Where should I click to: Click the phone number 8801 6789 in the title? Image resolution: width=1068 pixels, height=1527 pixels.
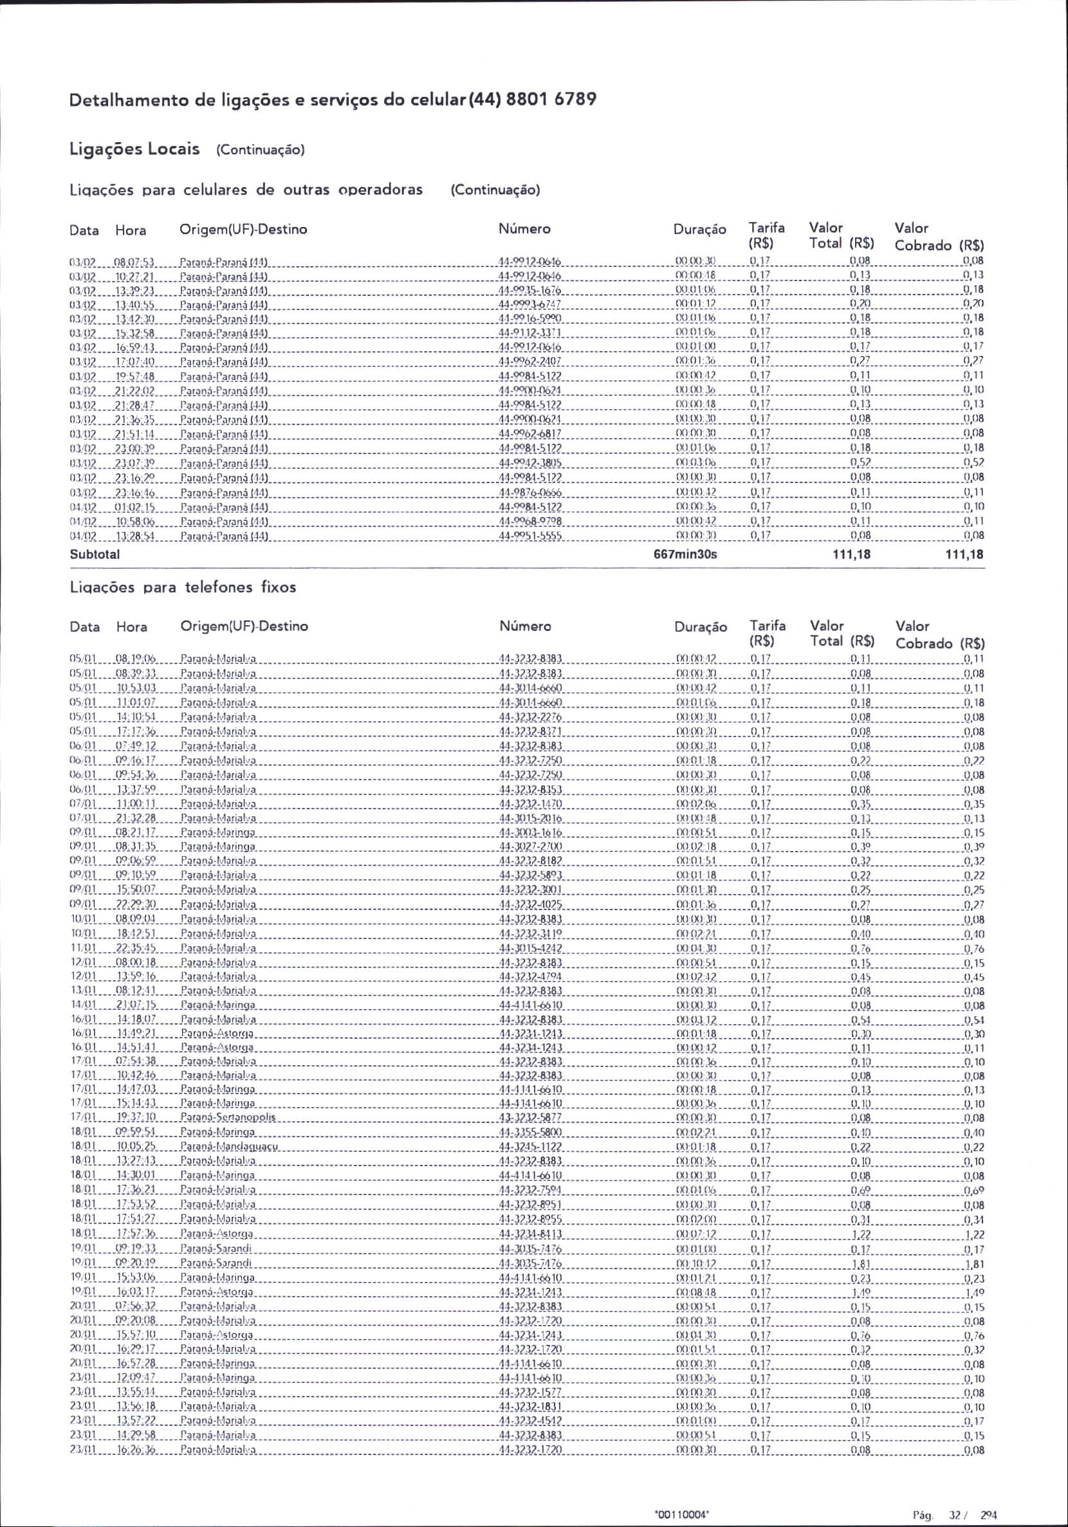tap(551, 100)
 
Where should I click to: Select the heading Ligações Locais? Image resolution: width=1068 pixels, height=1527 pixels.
tap(134, 149)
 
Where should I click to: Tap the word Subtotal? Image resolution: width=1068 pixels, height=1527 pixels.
tap(95, 554)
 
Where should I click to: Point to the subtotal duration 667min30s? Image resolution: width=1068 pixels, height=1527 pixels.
tap(685, 554)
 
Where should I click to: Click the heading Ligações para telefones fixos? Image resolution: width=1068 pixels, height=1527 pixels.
tap(183, 587)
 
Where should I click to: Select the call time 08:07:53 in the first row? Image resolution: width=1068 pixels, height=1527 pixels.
tap(135, 261)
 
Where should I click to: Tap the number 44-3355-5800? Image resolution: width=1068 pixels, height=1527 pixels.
tap(530, 1133)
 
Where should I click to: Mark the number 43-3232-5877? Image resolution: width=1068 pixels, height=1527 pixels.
tap(530, 1118)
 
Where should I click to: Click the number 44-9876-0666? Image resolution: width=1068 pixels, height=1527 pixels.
tap(530, 492)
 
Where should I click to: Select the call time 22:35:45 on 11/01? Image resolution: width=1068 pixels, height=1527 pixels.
tap(136, 948)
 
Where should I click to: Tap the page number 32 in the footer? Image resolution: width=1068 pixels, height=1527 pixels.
tap(955, 1496)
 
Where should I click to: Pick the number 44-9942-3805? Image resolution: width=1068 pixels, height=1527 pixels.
tap(530, 462)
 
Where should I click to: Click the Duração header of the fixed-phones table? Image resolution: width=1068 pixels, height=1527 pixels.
tap(700, 626)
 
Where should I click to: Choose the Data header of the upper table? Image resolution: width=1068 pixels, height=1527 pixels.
tap(84, 230)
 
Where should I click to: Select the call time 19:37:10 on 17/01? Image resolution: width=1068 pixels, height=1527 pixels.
tap(136, 1118)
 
